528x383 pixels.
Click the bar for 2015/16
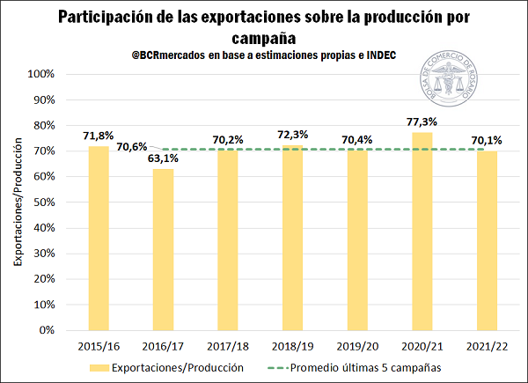[99, 238]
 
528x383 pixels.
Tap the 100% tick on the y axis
[45, 74]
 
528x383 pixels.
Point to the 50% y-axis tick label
[48, 203]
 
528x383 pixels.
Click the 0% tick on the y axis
[51, 331]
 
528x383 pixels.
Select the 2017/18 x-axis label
[228, 347]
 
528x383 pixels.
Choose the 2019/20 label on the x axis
[357, 347]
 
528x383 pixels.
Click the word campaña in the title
[264, 37]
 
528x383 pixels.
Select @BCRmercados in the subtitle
[164, 55]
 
